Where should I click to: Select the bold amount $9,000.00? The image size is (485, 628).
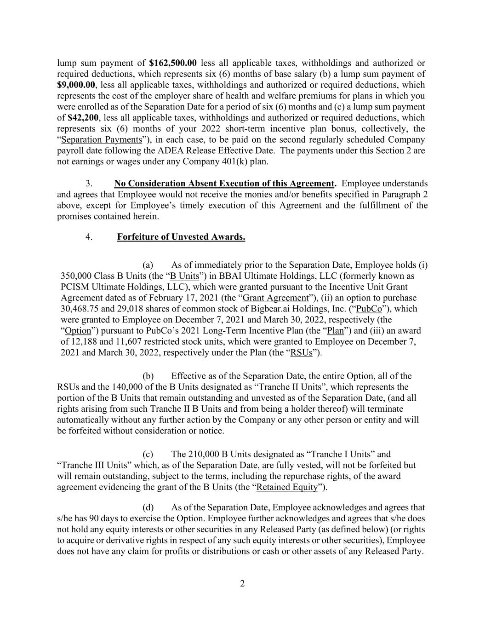pos(76,85)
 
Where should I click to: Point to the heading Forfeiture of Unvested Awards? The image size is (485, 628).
pos(181,237)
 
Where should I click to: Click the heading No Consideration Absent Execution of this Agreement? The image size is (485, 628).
pos(224,184)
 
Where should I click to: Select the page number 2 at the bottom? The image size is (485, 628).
pos(242,584)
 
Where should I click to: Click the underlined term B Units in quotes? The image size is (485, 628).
pos(184,276)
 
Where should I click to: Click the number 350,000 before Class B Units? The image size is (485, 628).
pos(76,276)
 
